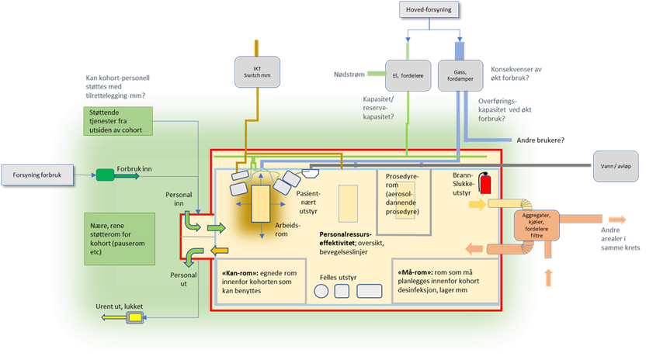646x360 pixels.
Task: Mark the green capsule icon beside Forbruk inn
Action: (104, 175)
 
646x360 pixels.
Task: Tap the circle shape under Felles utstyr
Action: (321, 292)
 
